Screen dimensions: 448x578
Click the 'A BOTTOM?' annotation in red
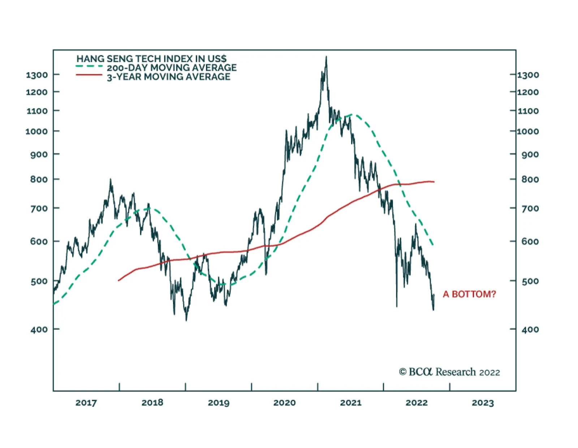(x=469, y=294)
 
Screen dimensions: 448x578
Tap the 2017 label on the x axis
(x=86, y=403)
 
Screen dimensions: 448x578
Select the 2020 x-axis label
(x=284, y=403)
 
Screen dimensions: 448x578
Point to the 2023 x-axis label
(x=483, y=403)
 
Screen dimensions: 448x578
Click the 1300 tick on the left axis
(x=37, y=75)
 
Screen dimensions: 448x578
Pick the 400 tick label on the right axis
(x=530, y=329)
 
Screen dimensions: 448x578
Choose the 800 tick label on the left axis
(x=39, y=179)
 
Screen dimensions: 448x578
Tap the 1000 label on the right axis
(x=528, y=131)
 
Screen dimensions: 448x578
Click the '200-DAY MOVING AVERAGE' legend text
(x=172, y=67)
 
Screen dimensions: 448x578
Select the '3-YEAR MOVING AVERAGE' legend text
(x=168, y=77)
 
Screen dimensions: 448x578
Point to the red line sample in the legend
(x=89, y=75)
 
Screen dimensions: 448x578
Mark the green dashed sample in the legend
(x=89, y=66)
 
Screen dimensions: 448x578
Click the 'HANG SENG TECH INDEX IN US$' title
(x=151, y=58)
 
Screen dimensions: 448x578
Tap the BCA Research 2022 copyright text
(x=449, y=372)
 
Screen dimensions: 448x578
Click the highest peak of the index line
(x=326, y=57)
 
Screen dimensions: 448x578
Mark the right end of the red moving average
(x=433, y=181)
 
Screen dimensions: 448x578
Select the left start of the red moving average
(x=119, y=280)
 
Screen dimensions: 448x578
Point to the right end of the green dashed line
(x=433, y=245)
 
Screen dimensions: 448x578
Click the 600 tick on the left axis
(x=39, y=241)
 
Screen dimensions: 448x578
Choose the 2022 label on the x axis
(x=417, y=403)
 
